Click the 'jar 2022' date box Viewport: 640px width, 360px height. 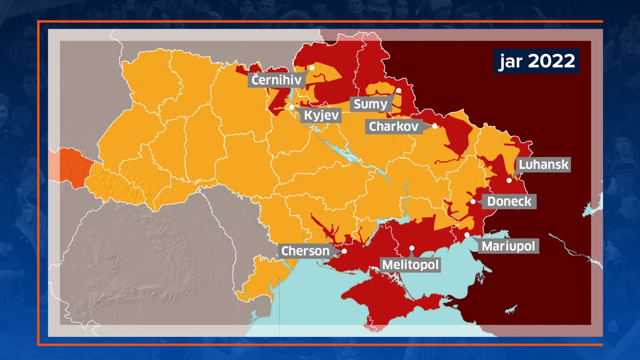tap(537, 61)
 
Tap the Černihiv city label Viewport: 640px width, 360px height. tap(276, 79)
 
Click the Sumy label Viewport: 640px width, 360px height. tap(370, 104)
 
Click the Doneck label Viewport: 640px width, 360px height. tap(509, 202)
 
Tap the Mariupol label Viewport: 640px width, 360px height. tap(508, 246)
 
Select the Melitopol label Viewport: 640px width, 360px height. tap(410, 265)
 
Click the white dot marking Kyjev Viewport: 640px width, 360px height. tap(291, 107)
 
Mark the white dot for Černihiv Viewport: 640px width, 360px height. tap(312, 67)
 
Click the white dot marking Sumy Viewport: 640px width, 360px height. tap(399, 91)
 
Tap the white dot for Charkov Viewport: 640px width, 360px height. tap(435, 126)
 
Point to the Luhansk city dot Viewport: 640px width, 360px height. tap(509, 180)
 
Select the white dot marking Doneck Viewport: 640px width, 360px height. tap(473, 201)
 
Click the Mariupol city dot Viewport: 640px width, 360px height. tap(467, 234)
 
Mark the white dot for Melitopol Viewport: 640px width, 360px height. tap(412, 248)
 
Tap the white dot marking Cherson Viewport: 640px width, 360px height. tap(344, 251)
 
